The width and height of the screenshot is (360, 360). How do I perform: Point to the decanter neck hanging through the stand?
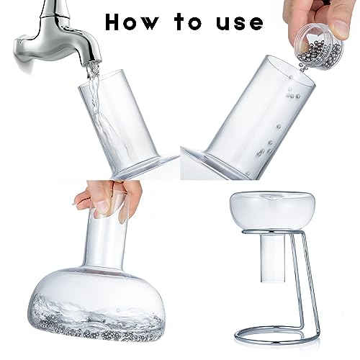(x=274, y=252)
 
